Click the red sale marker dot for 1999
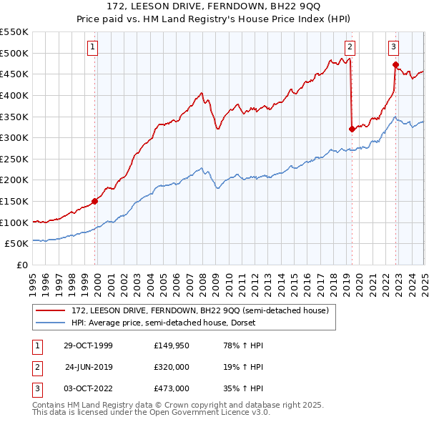[x=95, y=202]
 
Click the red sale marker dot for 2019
[x=352, y=129]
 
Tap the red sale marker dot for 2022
[x=395, y=64]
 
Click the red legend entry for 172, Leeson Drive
[x=199, y=310]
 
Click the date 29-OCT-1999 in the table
[x=88, y=345]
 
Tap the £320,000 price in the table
[x=171, y=367]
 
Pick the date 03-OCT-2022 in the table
[x=88, y=388]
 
